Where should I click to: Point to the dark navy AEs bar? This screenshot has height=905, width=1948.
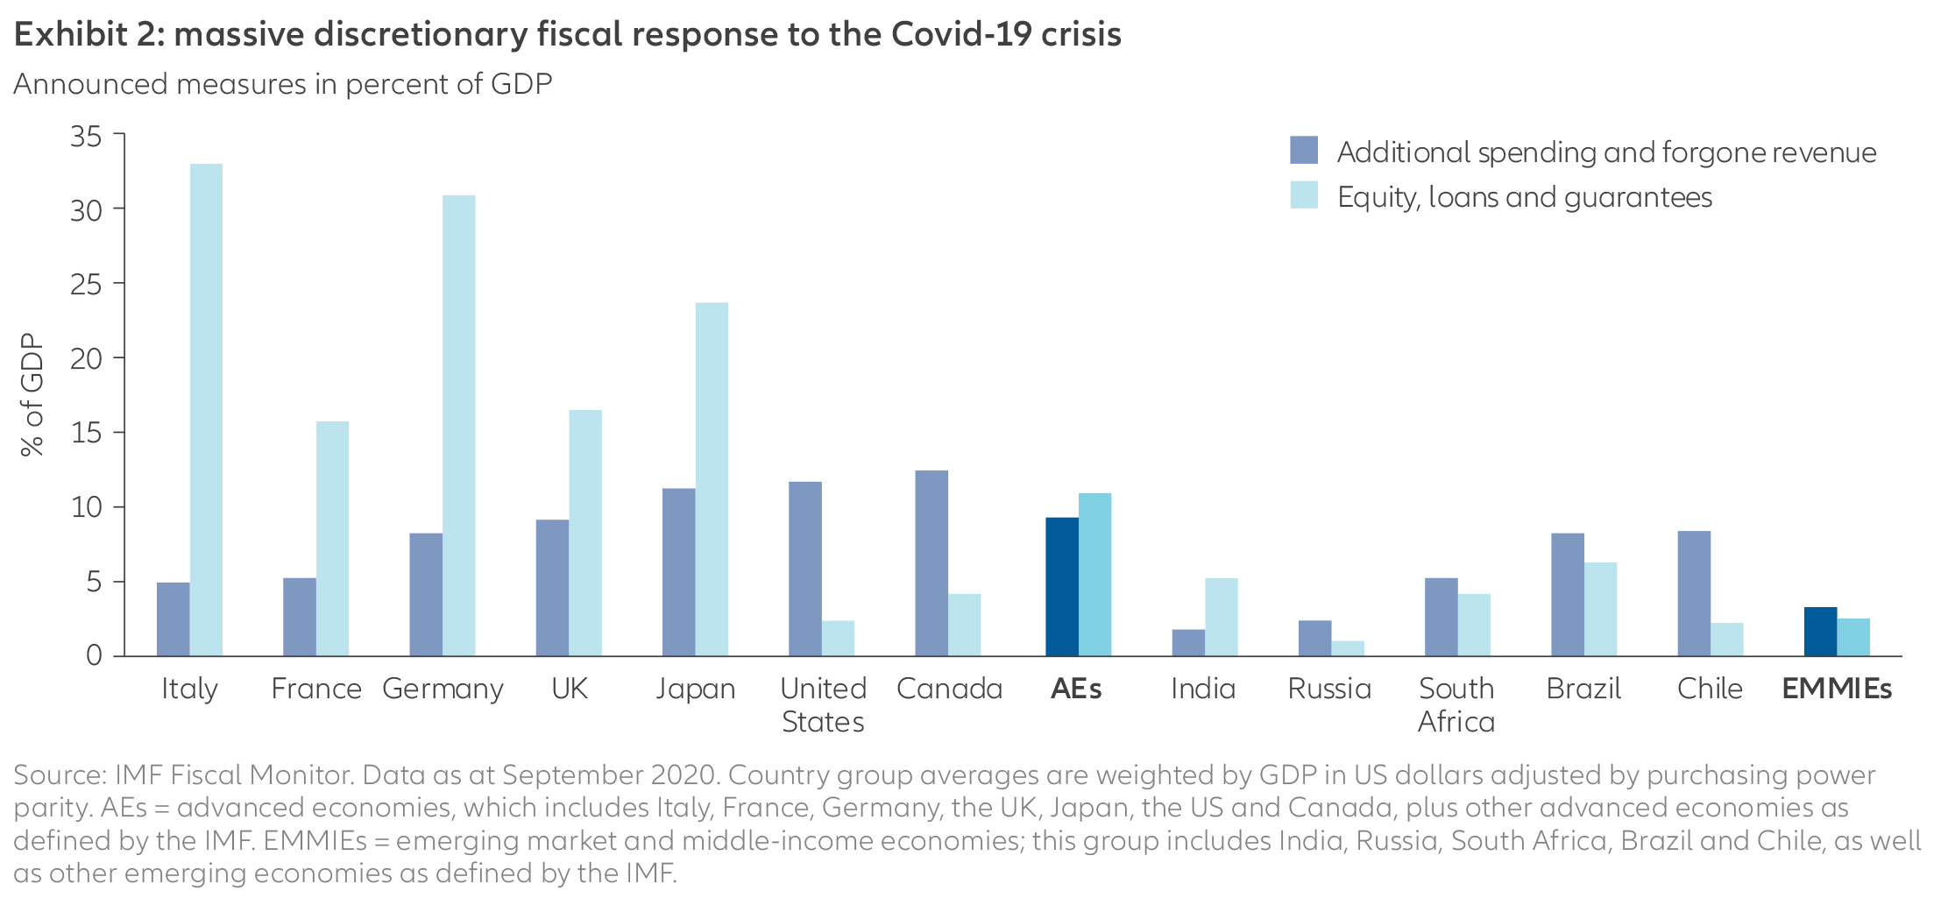[x=1061, y=586]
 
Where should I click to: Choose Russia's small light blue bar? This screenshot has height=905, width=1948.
[x=1348, y=648]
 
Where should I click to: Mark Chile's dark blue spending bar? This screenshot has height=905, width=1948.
[x=1694, y=593]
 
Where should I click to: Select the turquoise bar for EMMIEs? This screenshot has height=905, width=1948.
[x=1853, y=637]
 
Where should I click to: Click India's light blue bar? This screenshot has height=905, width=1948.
[x=1221, y=617]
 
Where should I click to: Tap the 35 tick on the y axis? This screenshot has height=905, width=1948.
[x=86, y=137]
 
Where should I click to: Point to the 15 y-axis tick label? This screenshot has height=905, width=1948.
[x=86, y=434]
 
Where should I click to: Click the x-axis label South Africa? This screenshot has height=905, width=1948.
[x=1456, y=704]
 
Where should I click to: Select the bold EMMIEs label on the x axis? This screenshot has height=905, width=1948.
[x=1837, y=689]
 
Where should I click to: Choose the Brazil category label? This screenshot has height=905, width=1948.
[x=1583, y=689]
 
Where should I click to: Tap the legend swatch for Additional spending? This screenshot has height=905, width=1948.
[x=1304, y=151]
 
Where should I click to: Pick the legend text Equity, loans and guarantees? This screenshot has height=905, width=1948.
[x=1524, y=197]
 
